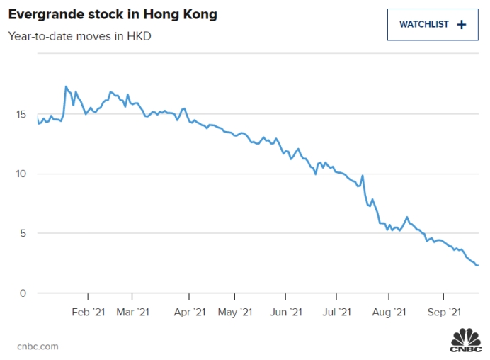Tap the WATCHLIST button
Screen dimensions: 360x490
click(x=433, y=24)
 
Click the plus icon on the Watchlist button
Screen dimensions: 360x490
click(x=462, y=24)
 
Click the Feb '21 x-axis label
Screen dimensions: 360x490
click(x=89, y=312)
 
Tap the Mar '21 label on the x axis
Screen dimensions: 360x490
click(x=133, y=312)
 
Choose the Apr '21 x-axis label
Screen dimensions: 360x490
click(x=189, y=312)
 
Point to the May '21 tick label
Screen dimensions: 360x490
click(x=235, y=312)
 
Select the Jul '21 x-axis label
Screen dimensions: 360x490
click(x=336, y=312)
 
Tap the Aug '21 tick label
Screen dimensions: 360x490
click(x=389, y=312)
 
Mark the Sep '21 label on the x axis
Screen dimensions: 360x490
click(x=444, y=312)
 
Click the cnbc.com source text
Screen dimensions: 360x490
click(x=38, y=347)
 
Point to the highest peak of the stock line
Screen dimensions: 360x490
click(x=66, y=86)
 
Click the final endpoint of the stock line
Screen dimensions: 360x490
click(x=478, y=266)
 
